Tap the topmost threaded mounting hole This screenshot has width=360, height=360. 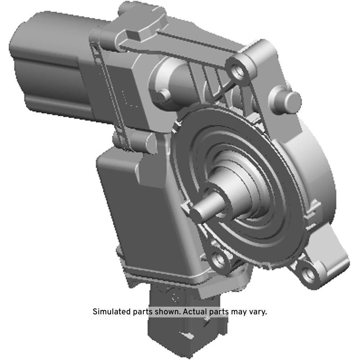coord(237,70)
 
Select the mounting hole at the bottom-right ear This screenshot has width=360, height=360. coord(308,274)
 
